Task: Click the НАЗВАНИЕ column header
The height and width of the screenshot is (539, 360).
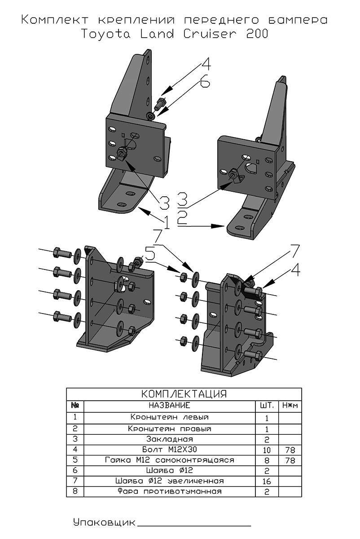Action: coord(169,406)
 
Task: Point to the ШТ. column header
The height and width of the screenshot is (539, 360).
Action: coord(267,406)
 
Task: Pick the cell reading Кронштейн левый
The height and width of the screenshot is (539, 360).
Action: coord(169,417)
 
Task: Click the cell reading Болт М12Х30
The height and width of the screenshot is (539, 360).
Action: coord(169,449)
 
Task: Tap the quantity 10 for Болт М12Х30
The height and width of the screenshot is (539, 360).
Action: coord(267,449)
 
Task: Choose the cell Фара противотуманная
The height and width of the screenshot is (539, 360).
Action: coord(169,491)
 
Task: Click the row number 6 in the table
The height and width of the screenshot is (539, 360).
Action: coord(75,470)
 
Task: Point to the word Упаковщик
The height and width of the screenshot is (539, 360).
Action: coord(104,522)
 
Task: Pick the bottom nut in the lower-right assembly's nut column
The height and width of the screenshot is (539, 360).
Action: coord(183,341)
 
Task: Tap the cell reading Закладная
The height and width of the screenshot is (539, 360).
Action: coord(169,439)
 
